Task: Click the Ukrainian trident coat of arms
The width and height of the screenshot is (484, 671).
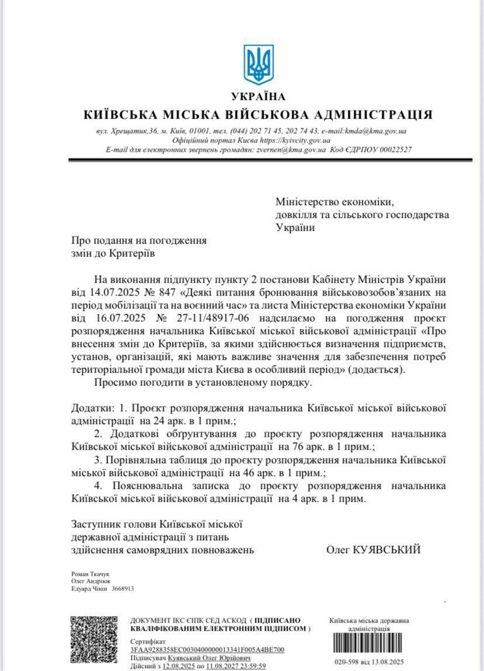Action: pyautogui.click(x=258, y=64)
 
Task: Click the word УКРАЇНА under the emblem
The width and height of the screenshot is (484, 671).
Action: pyautogui.click(x=258, y=96)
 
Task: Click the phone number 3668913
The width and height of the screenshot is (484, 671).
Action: pyautogui.click(x=123, y=589)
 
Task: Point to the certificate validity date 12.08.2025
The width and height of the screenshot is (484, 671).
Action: pyautogui.click(x=179, y=665)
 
